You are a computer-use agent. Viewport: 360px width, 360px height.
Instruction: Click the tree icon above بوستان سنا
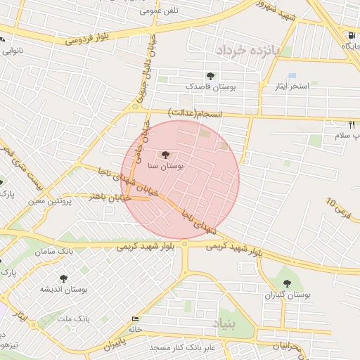tap(166, 155)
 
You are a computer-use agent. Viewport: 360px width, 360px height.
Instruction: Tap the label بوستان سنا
tap(166, 167)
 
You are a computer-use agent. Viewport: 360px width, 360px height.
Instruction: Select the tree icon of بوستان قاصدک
tap(210, 76)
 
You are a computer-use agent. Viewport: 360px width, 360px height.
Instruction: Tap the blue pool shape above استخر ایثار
tap(292, 75)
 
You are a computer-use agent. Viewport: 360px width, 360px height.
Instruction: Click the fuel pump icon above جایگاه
tap(350, 35)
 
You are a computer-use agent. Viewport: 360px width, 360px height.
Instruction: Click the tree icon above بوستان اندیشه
tap(63, 278)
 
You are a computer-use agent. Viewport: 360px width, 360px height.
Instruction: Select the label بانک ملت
tap(73, 319)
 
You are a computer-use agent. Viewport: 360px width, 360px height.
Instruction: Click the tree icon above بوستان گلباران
tap(285, 283)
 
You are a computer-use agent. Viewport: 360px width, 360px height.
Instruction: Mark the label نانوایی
tap(15, 51)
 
